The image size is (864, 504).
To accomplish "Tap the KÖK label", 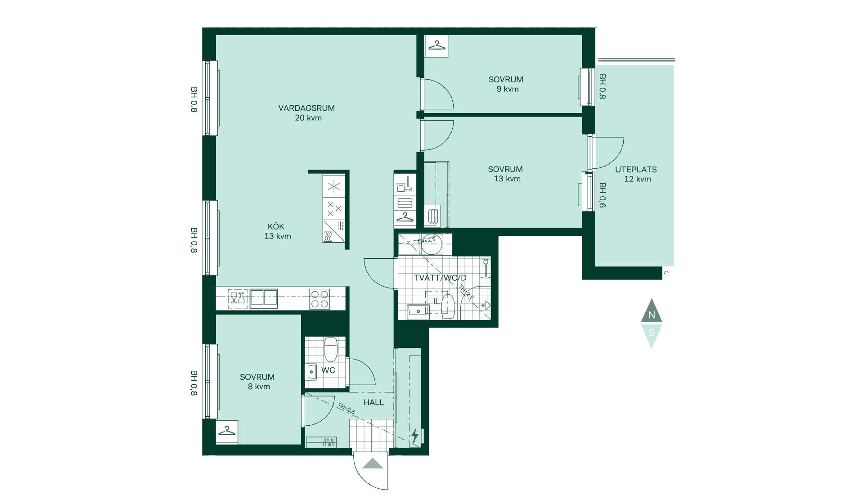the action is point(276,226).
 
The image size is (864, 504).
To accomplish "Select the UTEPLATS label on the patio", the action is point(636,170).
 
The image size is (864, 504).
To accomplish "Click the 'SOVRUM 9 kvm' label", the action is point(506,84).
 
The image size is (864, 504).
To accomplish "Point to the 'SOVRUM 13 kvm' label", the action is point(506,174).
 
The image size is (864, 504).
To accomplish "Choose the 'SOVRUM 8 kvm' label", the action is point(257,382).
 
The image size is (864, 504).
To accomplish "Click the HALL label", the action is point(374,402).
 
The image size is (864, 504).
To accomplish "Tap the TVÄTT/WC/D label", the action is point(441,278).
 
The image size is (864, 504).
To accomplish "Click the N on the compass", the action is point(652,315).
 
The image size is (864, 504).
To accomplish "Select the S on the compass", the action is point(651,333).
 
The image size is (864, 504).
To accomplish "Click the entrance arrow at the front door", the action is point(373,463).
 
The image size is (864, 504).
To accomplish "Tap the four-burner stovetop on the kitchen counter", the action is point(319,299).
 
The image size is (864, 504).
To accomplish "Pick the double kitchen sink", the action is point(264,298).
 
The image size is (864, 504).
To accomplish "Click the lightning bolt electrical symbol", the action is point(414,436).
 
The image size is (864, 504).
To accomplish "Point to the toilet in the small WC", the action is point(331,350).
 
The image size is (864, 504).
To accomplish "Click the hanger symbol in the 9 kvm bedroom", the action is point(436,46).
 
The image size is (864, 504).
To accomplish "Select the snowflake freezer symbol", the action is point(334,186).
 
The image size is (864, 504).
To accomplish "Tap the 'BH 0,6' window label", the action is point(602,195).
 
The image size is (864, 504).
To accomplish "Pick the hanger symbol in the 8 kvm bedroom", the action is point(227,432).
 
